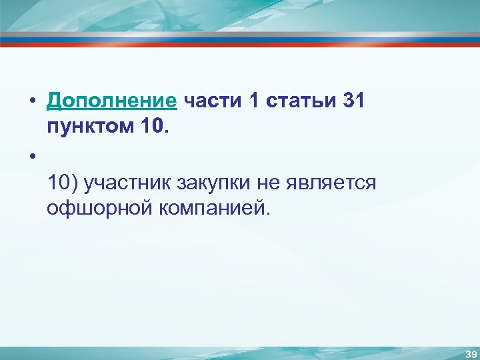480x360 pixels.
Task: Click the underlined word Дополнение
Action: pos(111,101)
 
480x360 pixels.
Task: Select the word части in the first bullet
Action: pos(211,101)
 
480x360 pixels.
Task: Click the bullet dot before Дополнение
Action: pos(31,102)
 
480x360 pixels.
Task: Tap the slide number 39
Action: pos(471,353)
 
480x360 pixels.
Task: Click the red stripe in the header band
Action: pos(240,44)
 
